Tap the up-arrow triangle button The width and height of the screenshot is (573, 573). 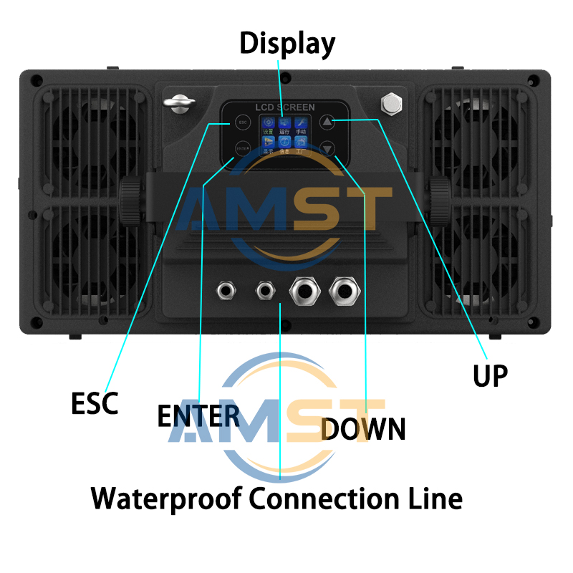pos(327,122)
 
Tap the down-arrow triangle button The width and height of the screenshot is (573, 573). pos(327,149)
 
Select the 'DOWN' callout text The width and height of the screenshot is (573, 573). pos(364,428)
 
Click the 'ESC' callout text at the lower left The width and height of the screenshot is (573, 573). pos(95,403)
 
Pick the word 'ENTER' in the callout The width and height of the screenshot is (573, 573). pos(198,415)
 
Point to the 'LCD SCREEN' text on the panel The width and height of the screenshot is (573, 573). pos(285,107)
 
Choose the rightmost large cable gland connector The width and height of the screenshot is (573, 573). pos(344,291)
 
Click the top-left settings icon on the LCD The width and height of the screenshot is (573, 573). pos(267,122)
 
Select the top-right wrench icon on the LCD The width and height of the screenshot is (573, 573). pos(301,122)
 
